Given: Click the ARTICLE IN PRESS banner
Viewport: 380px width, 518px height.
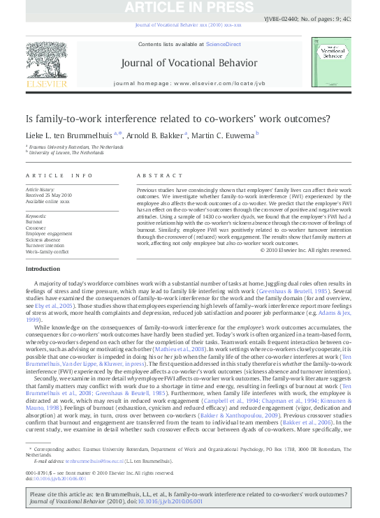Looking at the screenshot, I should tap(190, 8).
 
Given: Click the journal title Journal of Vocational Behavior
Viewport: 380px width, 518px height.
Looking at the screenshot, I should tap(189, 63).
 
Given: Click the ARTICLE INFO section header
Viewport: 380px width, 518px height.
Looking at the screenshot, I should tap(59, 175).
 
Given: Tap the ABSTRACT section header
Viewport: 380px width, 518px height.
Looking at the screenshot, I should tap(154, 175).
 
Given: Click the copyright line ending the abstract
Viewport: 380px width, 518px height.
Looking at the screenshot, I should tap(305, 250).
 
